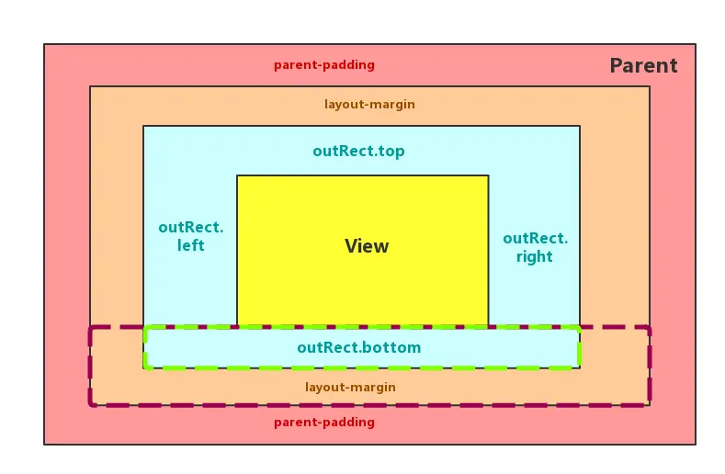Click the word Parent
coord(643,66)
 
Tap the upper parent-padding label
coord(324,65)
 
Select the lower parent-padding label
coord(324,423)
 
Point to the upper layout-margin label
coord(369,105)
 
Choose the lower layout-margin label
coord(350,388)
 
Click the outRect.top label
coord(358,152)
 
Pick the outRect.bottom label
coord(358,348)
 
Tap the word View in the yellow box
coord(367,246)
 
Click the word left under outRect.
coord(190,246)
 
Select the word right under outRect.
coord(534,257)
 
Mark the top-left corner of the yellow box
coord(237,175)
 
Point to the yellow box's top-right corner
coord(488,175)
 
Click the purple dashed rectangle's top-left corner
coord(90,328)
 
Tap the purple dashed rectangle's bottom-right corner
coord(649,403)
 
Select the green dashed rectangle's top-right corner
coord(579,328)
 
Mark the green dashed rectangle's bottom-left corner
coord(145,367)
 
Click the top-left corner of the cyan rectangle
coord(143,126)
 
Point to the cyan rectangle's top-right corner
coord(580,126)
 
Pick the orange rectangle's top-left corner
coord(90,86)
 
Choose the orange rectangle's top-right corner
coord(650,86)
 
